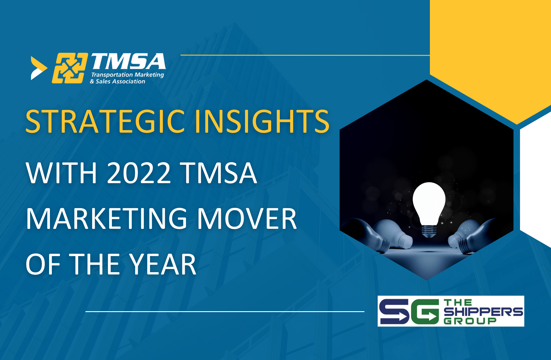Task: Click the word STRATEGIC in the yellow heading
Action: coord(105,121)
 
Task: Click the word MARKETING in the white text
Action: coord(106,219)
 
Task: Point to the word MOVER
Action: coord(247,219)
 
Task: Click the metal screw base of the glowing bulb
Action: coord(429,231)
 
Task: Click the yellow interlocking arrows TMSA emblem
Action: coord(70,68)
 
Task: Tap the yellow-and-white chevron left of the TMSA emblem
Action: coord(38,68)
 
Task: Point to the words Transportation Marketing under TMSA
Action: coord(127,75)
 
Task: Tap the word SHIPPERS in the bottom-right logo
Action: coord(483,312)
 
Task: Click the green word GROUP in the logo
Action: coord(470,321)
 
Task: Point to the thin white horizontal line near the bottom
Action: coord(225,311)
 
